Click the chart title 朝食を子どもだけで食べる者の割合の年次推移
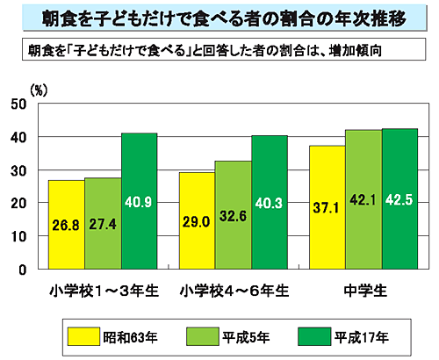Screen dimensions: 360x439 point(219,17)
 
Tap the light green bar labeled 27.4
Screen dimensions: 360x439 point(103,224)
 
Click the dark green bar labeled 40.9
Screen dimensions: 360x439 point(139,202)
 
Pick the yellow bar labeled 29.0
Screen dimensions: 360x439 point(197,221)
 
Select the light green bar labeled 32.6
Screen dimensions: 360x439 point(233,215)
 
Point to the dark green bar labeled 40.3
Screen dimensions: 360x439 point(269,203)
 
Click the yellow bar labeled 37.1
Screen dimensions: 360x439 point(326,208)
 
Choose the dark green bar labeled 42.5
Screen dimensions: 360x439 point(399,199)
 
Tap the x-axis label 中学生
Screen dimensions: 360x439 point(363,288)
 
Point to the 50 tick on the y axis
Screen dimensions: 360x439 point(19,104)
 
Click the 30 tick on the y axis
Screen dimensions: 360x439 point(19,170)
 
